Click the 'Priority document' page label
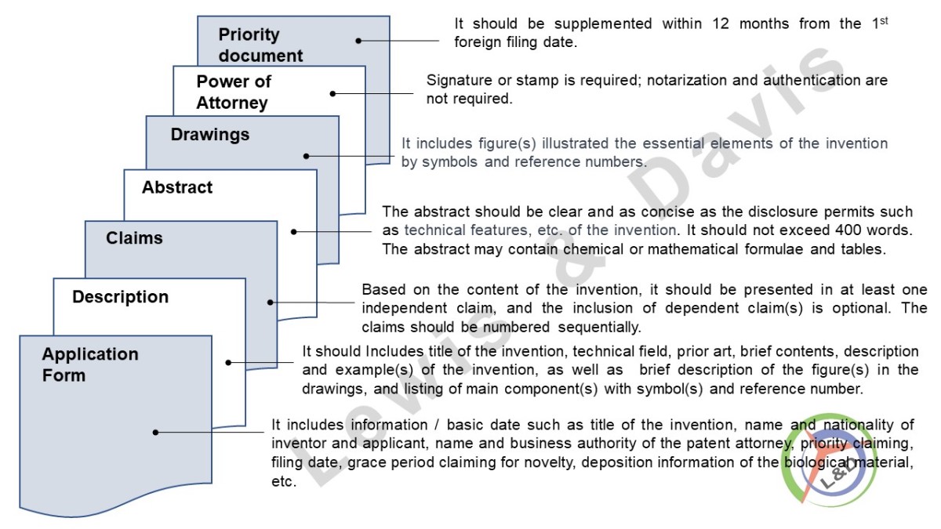click(x=249, y=45)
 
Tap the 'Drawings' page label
click(x=210, y=135)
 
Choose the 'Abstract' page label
click(x=177, y=187)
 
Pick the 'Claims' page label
click(x=135, y=238)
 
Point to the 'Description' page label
click(x=120, y=297)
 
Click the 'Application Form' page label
click(x=90, y=364)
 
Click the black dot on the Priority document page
click(x=358, y=40)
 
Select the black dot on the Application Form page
click(x=156, y=432)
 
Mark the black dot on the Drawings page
click(x=307, y=156)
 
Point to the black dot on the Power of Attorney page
click(x=332, y=93)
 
